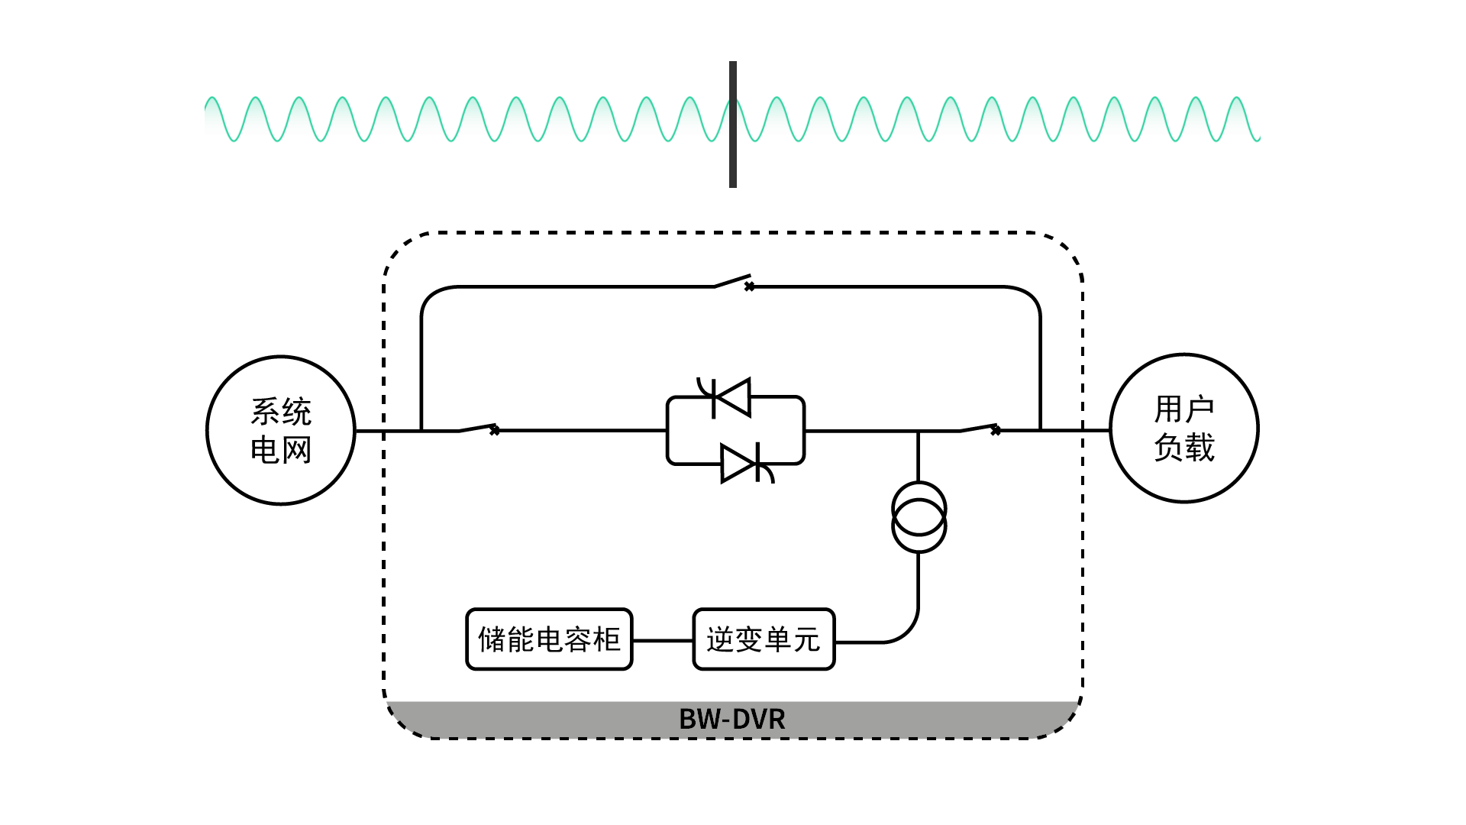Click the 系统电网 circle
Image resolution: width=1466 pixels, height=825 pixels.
[281, 430]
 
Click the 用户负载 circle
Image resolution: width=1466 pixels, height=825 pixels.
[1183, 428]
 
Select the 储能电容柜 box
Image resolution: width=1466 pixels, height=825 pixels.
[549, 639]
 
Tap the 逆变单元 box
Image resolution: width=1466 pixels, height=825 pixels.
[764, 639]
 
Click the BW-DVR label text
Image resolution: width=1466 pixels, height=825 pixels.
[731, 719]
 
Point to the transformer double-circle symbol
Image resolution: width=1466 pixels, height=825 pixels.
[919, 517]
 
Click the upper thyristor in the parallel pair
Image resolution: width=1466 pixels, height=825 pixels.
[730, 397]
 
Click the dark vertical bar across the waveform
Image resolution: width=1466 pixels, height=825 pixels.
[733, 124]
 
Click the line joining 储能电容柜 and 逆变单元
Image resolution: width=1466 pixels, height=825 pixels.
[663, 641]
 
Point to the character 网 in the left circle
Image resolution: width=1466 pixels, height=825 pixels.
[297, 450]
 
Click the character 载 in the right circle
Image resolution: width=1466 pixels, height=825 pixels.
[1200, 448]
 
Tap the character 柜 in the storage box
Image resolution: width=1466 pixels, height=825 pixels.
[606, 639]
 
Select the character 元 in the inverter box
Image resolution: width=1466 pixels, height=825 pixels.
[806, 639]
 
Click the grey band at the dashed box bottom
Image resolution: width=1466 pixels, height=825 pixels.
[534, 719]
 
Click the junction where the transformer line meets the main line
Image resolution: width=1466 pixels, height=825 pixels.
[919, 431]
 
